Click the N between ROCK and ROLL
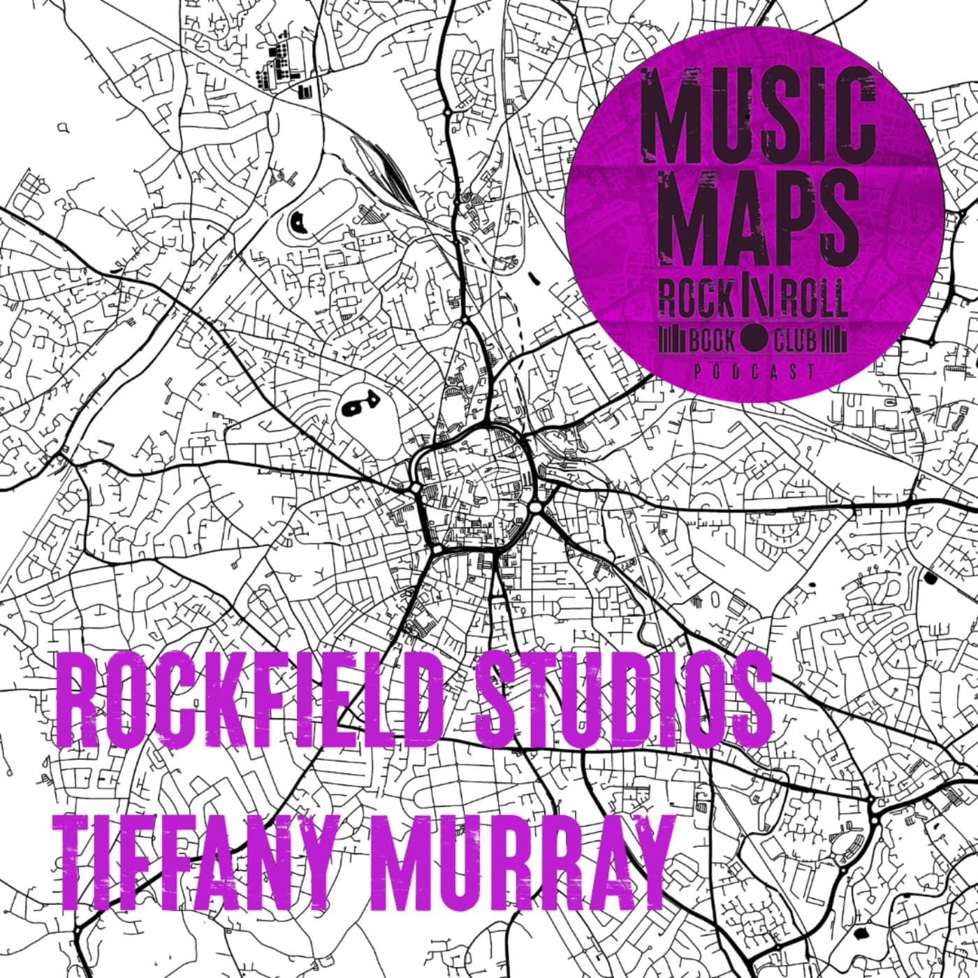click(x=755, y=301)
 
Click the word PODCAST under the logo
click(x=754, y=372)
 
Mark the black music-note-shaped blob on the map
click(x=359, y=403)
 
